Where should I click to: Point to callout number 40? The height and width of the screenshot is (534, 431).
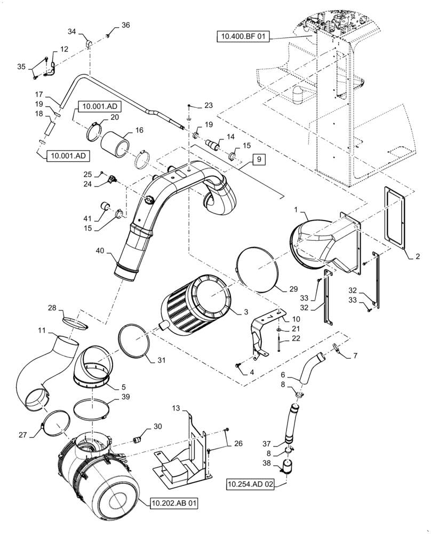pyautogui.click(x=102, y=250)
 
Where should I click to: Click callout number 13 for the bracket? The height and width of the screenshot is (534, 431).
pyautogui.click(x=175, y=409)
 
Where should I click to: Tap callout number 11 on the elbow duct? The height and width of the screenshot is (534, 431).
pyautogui.click(x=41, y=332)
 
